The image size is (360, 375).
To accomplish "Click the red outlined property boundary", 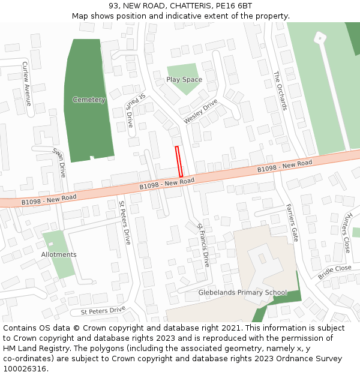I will (178, 161).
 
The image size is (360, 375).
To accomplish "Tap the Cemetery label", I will (89, 100).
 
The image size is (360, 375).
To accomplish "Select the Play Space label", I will (184, 80).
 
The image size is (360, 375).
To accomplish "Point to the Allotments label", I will (59, 254).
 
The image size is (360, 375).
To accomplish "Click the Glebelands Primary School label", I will (243, 293).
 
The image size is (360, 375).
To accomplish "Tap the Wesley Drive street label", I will (200, 112).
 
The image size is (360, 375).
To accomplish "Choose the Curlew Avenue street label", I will (26, 83).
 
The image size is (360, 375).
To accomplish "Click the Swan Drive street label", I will (59, 163).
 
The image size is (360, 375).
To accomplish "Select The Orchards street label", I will (280, 91).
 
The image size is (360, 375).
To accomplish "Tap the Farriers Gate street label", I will (292, 223).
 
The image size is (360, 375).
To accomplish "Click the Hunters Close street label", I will (347, 232).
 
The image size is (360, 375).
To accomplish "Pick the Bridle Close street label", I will (334, 272).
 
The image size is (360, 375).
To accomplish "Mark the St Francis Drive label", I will (203, 245).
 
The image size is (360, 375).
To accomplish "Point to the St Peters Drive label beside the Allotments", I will (124, 222).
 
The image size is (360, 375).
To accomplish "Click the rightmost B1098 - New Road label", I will (285, 167).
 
